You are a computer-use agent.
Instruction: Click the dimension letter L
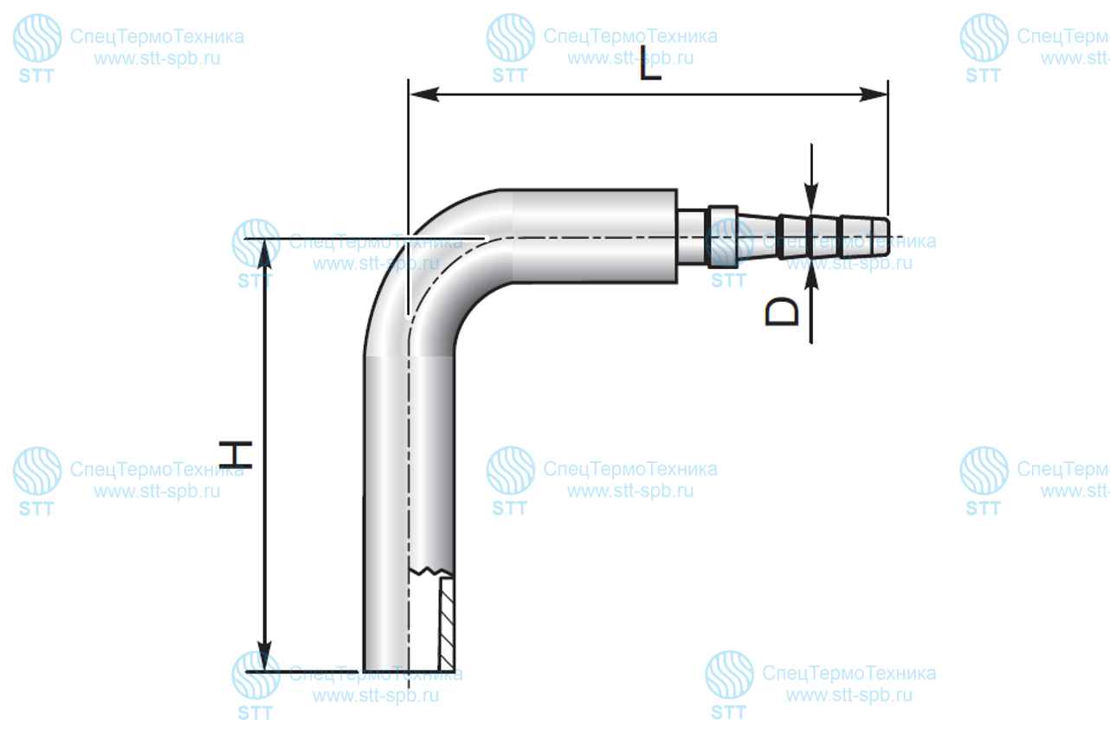tap(649, 63)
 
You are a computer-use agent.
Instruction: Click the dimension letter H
tap(236, 454)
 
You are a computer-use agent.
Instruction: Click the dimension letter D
tap(782, 312)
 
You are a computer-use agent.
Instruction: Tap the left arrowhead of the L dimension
tap(424, 94)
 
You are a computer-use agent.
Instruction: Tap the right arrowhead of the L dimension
tap(873, 94)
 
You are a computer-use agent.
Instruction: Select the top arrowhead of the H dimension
tap(265, 254)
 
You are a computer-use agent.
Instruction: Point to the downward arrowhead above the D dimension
tap(811, 198)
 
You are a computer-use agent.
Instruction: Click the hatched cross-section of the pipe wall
tap(447, 624)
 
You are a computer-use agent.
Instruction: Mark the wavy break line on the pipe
tap(430, 572)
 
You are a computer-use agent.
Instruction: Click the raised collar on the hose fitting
tap(723, 237)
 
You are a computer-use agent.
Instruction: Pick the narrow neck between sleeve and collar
tap(693, 237)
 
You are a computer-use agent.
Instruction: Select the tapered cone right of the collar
tap(758, 237)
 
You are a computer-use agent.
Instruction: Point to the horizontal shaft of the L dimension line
tap(649, 94)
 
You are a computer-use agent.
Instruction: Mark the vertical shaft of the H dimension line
tap(265, 454)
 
